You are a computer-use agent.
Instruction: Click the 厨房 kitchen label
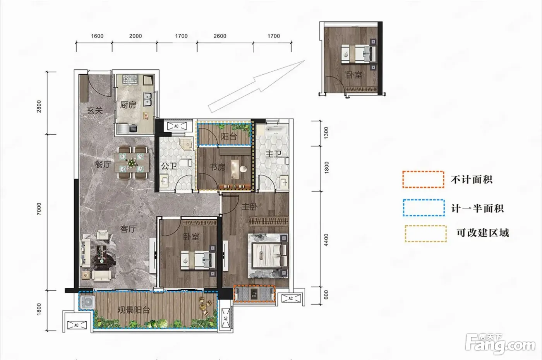click(x=128, y=105)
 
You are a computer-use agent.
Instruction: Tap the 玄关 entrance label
click(x=95, y=111)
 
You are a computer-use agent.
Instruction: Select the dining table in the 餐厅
click(x=132, y=163)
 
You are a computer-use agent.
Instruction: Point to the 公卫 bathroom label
click(x=169, y=166)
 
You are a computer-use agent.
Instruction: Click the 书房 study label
click(x=217, y=167)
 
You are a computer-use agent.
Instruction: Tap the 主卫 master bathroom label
click(x=273, y=154)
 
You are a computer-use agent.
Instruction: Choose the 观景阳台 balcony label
click(x=134, y=310)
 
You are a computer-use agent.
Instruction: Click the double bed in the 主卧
click(x=268, y=256)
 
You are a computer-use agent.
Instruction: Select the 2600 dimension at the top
click(x=220, y=36)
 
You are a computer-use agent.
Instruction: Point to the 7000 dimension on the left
click(x=39, y=209)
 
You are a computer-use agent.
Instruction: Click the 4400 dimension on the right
click(x=326, y=240)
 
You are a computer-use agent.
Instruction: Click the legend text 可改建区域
click(x=483, y=233)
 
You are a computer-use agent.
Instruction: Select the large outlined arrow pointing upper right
click(x=256, y=87)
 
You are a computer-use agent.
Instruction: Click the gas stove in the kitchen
click(x=130, y=80)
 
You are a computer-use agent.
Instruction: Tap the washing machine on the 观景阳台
click(x=87, y=302)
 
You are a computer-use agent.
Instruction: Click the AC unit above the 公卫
click(x=177, y=126)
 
